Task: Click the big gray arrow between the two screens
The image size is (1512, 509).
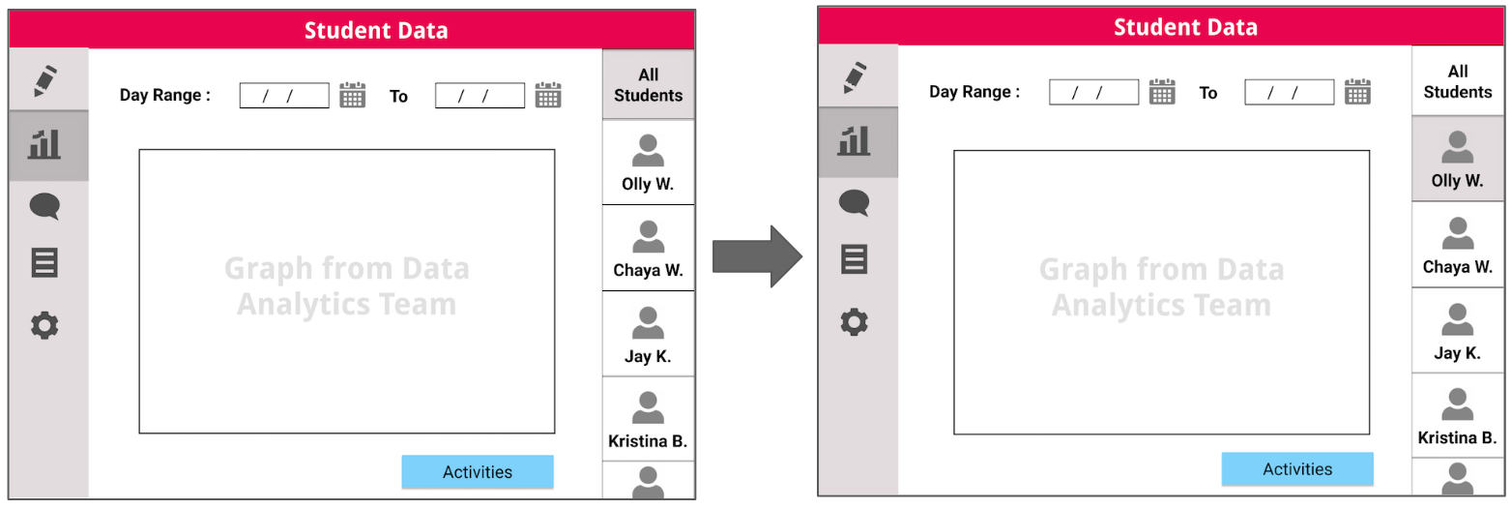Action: [x=757, y=256]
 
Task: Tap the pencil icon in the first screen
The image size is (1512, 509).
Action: [x=45, y=80]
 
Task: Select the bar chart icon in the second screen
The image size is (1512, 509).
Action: [x=853, y=141]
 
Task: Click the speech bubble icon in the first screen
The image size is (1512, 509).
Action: [x=45, y=206]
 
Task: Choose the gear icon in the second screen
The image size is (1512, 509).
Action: [x=854, y=321]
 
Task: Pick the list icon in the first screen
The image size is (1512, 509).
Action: [x=45, y=262]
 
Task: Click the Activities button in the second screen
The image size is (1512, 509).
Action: [x=1296, y=469]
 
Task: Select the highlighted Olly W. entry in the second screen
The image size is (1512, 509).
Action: [x=1457, y=160]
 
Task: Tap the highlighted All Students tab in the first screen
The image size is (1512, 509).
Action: [x=648, y=85]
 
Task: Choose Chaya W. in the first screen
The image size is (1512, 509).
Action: [x=648, y=249]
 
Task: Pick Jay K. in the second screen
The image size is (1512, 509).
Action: [x=1457, y=332]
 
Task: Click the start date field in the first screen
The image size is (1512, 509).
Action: [x=284, y=96]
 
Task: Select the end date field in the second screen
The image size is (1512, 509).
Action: [x=1289, y=93]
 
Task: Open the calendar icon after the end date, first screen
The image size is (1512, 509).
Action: [x=548, y=95]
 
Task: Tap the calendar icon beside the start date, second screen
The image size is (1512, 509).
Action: [x=1162, y=92]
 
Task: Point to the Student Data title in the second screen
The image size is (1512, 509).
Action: [x=1185, y=27]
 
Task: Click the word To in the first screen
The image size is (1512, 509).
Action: [x=398, y=96]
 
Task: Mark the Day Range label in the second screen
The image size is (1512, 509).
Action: [x=974, y=92]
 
